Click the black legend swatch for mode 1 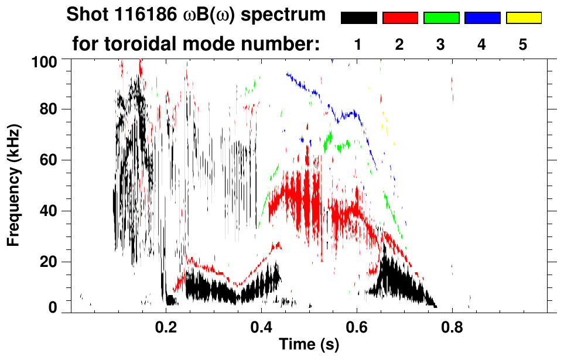[359, 18]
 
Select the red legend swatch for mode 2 [400, 18]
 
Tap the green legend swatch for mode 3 [441, 18]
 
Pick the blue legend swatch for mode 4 [482, 18]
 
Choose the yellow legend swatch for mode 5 [523, 18]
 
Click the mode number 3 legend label [441, 44]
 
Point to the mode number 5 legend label [523, 44]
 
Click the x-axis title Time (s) [309, 346]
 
